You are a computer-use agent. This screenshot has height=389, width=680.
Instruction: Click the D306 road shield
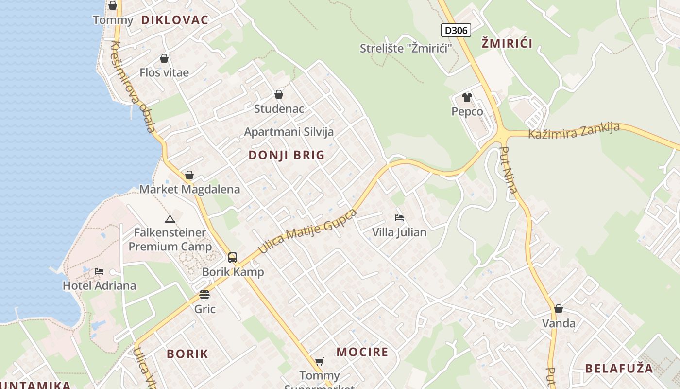click(x=456, y=30)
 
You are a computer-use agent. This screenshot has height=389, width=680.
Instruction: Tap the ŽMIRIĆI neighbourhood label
click(x=507, y=43)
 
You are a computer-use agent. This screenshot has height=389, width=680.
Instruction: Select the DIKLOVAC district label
click(x=175, y=20)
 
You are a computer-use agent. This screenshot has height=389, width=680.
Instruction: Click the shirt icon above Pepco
click(x=467, y=97)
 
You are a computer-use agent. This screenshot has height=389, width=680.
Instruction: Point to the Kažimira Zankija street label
click(x=574, y=131)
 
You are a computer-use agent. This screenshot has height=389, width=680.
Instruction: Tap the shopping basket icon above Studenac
click(x=279, y=94)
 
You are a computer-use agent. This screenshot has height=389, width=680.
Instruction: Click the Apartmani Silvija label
click(x=289, y=132)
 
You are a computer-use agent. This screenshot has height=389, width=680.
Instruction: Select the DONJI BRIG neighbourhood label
click(x=287, y=155)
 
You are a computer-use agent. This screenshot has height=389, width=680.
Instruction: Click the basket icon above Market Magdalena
click(x=189, y=175)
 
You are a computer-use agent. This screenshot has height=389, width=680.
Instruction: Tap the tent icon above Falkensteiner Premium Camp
click(x=170, y=219)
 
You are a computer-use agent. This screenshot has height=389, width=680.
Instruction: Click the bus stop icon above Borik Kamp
click(x=233, y=257)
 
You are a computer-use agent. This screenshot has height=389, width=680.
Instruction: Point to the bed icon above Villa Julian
click(x=399, y=218)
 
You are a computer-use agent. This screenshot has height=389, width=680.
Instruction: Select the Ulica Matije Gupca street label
click(x=307, y=231)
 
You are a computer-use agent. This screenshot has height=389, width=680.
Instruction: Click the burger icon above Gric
click(x=204, y=295)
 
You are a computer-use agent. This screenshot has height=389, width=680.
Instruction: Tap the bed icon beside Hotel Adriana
click(x=99, y=271)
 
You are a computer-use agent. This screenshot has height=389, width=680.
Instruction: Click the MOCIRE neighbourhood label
click(x=362, y=352)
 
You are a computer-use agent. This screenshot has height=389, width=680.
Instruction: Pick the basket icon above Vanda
click(x=559, y=309)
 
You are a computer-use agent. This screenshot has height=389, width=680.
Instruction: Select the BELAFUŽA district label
click(x=619, y=368)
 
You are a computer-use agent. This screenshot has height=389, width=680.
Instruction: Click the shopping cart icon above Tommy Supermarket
click(x=319, y=361)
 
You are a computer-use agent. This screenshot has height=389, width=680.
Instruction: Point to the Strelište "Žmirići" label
click(x=406, y=48)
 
